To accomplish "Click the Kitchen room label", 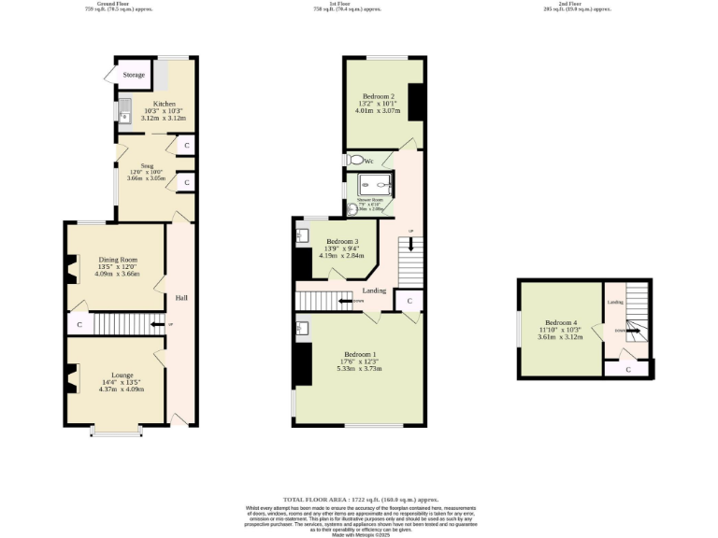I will coord(164,104).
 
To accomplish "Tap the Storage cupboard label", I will coord(133,74).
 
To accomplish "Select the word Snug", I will coord(147,164).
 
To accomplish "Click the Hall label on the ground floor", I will coord(181,298).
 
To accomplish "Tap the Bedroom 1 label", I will coord(360,354).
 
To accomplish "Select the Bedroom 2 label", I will coord(378,96).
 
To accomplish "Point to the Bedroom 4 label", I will coord(561,322).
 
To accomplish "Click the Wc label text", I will coord(368,162).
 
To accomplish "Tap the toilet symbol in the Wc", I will coord(354,161).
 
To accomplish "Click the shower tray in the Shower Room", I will coord(372,186).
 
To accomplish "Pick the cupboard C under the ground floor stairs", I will coord(79,325).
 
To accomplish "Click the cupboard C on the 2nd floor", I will coord(626,370).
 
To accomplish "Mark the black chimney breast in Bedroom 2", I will coord(416,101).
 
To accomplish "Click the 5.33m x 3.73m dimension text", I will coord(360,369).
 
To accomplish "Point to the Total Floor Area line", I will coord(360,502).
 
